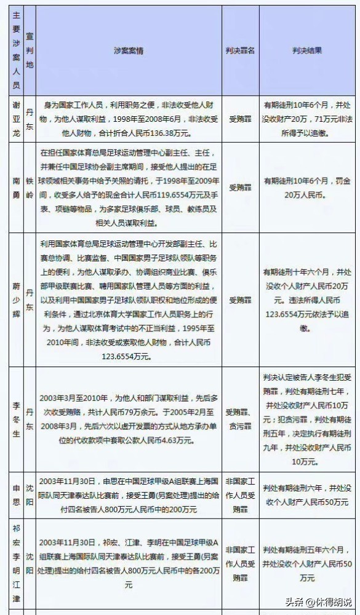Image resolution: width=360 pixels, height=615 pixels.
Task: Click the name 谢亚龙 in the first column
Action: point(16,118)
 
